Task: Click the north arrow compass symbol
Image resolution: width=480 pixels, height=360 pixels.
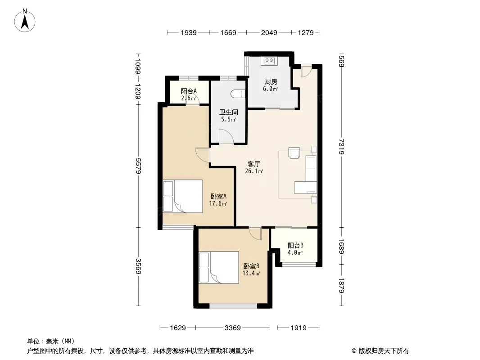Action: tap(25, 20)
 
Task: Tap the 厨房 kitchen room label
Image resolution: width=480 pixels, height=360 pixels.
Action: tap(271, 81)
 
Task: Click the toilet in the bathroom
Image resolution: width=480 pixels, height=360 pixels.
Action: tap(239, 94)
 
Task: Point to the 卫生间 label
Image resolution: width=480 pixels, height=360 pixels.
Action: tap(228, 112)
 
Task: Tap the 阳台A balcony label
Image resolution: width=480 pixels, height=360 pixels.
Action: tap(189, 91)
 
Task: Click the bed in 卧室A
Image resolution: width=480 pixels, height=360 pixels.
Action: tap(183, 196)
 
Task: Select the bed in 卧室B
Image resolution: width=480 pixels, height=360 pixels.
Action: tap(219, 267)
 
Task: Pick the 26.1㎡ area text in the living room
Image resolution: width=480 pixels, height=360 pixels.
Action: tap(254, 171)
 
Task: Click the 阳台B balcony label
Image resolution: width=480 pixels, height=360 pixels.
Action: tap(295, 245)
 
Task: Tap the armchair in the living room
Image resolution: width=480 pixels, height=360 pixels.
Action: tap(294, 153)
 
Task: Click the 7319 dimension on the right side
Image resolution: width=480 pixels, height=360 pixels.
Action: tap(342, 147)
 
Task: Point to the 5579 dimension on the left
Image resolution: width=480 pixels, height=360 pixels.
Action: tap(138, 166)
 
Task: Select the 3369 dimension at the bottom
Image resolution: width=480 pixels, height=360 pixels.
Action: tap(233, 328)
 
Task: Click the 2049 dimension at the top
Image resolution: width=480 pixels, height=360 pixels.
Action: tap(269, 32)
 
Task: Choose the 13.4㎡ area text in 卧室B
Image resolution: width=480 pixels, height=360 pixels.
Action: tap(251, 274)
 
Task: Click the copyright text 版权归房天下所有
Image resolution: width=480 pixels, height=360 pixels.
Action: tap(384, 351)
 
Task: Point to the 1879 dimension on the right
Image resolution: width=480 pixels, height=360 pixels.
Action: tap(342, 285)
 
